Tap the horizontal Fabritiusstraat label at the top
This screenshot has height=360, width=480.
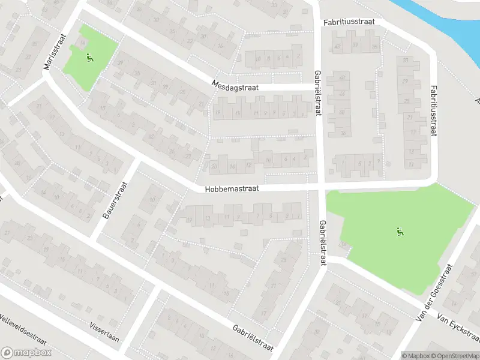click(349, 22)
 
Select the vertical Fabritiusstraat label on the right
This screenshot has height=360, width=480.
click(433, 110)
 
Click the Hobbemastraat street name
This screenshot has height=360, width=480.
click(231, 188)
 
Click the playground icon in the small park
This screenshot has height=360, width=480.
click(90, 58)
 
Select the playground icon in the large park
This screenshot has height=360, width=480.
click(400, 230)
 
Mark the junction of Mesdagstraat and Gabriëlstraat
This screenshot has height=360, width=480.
click(317, 88)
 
